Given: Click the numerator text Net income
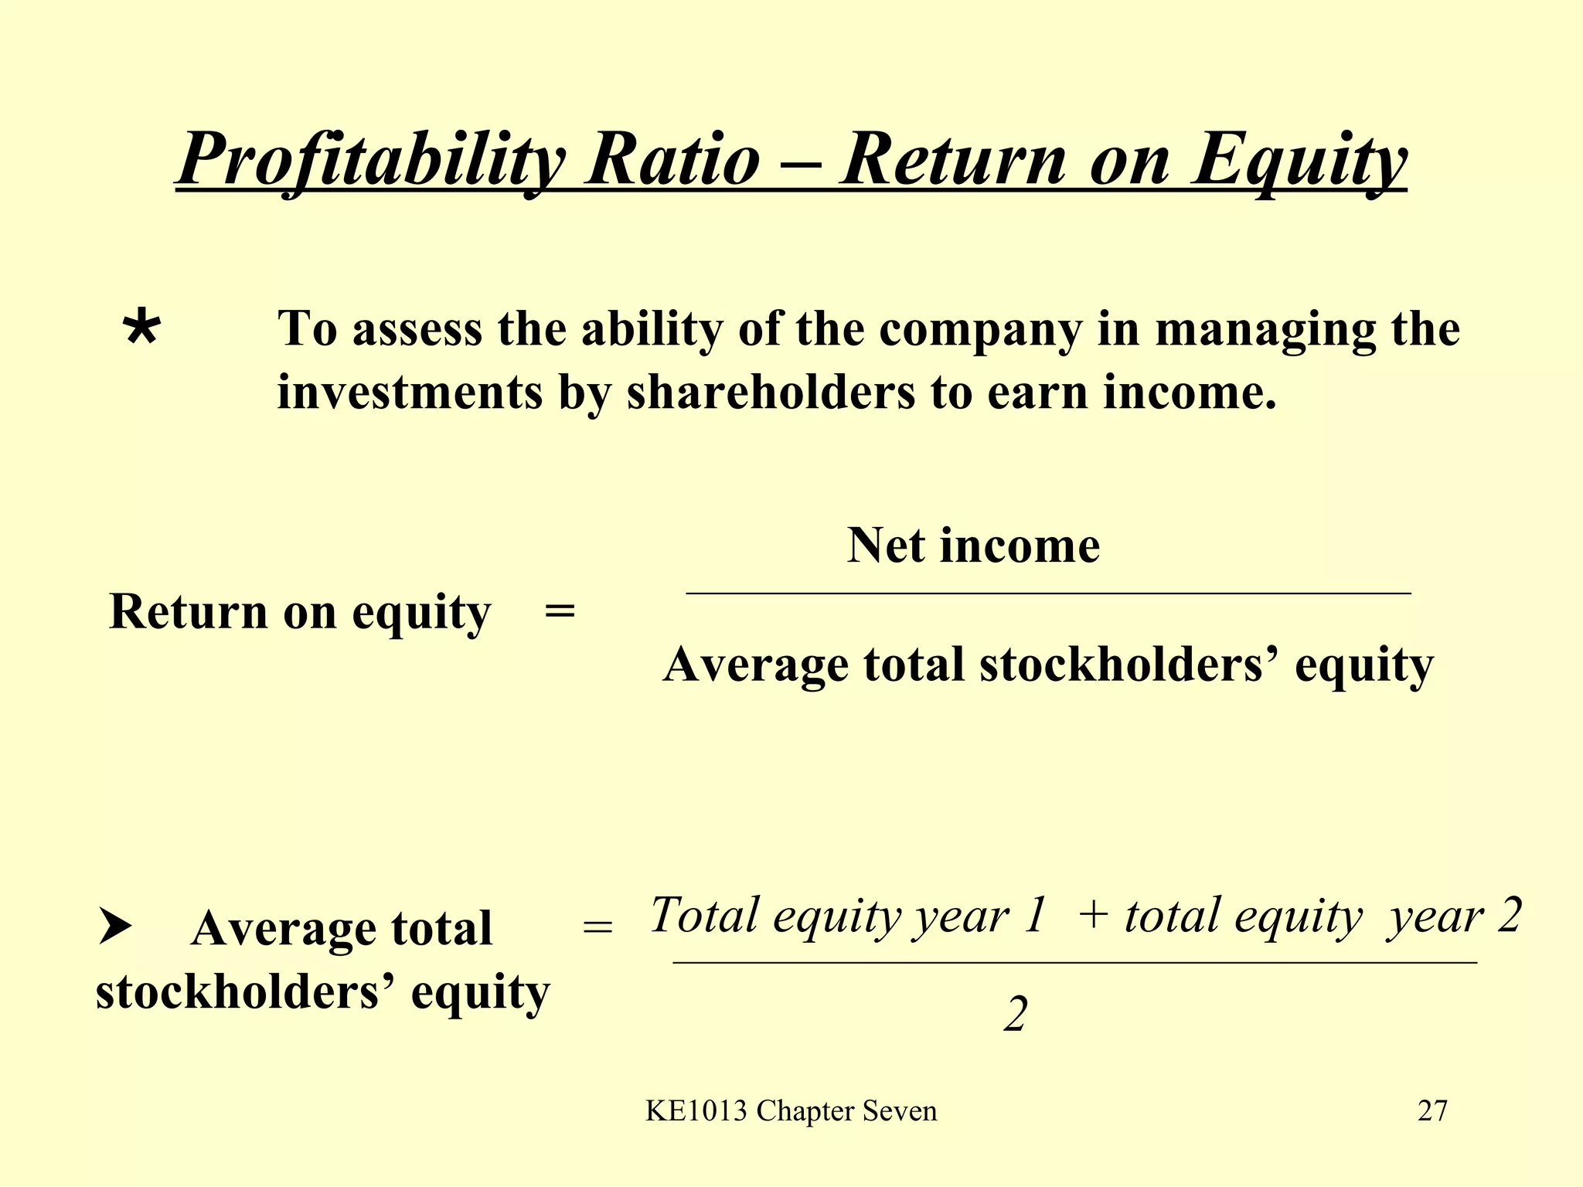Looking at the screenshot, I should click(973, 546).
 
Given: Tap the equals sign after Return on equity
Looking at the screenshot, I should click(560, 612).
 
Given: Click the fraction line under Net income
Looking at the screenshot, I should click(1047, 593).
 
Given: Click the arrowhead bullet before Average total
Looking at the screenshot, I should click(115, 927).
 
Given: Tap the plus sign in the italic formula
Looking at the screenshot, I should click(1093, 917).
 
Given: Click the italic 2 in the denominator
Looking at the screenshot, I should click(1016, 1015).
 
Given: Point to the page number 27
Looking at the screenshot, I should click(1432, 1110).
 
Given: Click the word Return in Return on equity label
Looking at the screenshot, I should click(188, 612).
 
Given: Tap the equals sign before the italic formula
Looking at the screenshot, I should click(597, 927).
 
